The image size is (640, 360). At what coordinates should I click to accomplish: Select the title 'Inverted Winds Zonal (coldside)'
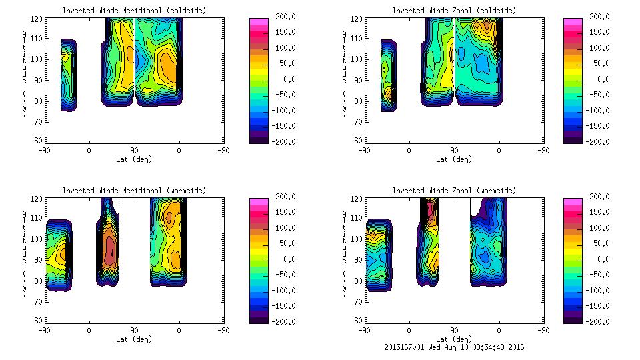coord(454,11)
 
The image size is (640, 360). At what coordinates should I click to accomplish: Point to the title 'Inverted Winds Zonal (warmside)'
coord(454,191)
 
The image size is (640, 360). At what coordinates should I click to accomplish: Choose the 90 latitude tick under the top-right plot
coord(454,151)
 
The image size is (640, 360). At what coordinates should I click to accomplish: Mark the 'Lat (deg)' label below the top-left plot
coord(134,159)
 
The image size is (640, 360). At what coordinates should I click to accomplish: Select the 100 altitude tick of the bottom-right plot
coord(355,239)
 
